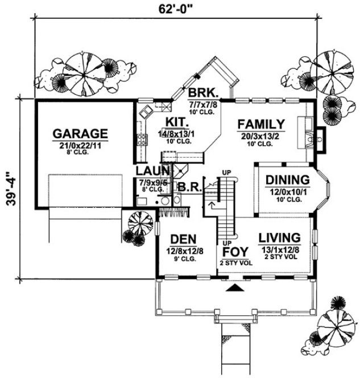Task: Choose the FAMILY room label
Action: coord(260,125)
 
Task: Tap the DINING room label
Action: coord(287,180)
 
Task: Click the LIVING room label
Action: coord(279,237)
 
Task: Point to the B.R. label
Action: coord(188,186)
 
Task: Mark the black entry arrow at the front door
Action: coord(233,289)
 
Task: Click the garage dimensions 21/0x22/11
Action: coord(80,146)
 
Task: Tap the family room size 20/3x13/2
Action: coord(260,136)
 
